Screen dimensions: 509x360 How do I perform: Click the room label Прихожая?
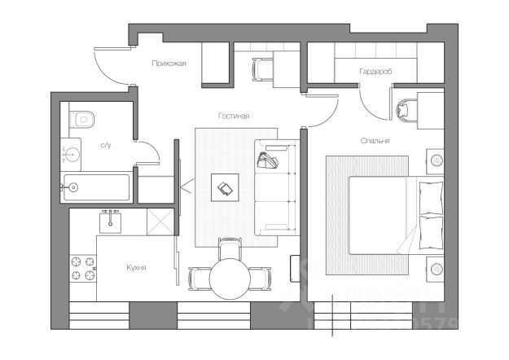(x=169, y=63)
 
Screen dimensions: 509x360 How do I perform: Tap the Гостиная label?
(x=233, y=116)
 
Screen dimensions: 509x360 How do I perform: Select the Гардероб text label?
(x=375, y=72)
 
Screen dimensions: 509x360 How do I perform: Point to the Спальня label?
(x=375, y=140)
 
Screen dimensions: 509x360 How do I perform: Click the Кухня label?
(x=136, y=266)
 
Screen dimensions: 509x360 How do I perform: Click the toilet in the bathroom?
(x=83, y=120)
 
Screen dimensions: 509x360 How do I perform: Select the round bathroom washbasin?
(x=72, y=151)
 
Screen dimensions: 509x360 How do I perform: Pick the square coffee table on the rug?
(x=225, y=188)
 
